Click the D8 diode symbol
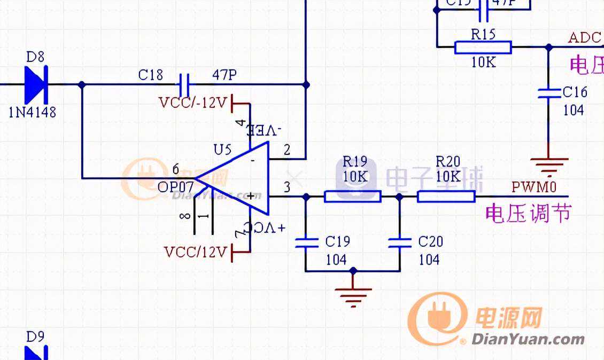[x=36, y=84]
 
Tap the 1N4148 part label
[x=33, y=113]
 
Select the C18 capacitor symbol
[x=184, y=84]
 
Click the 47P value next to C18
[x=224, y=74]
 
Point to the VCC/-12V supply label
[x=193, y=102]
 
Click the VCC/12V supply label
[x=196, y=252]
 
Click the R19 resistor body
[x=352, y=197]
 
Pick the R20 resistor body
[x=446, y=197]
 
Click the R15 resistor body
[x=483, y=48]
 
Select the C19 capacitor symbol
[x=306, y=243]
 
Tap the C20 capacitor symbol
[x=399, y=243]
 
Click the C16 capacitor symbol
[x=548, y=93]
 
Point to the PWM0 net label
[x=534, y=187]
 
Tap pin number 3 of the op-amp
[x=287, y=186]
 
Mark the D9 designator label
[x=35, y=337]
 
